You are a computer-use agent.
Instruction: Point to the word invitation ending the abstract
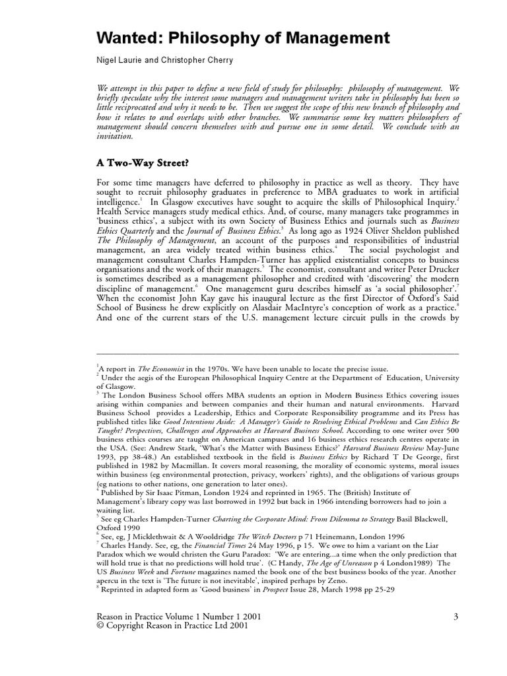115,137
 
